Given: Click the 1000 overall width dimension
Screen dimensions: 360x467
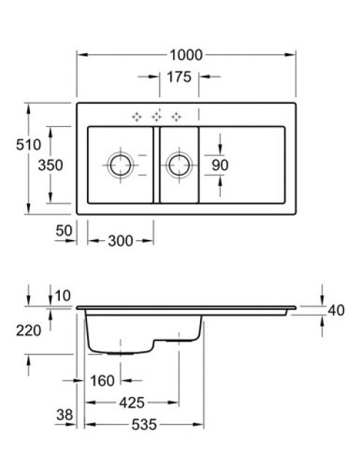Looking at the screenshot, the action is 186,55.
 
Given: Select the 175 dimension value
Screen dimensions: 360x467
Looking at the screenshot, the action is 179,77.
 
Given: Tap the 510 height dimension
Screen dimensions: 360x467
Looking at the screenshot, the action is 28,144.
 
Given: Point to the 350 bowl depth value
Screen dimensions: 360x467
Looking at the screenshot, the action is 50,165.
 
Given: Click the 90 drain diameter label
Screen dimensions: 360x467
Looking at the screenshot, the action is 220,165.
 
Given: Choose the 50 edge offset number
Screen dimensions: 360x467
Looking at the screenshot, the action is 64,231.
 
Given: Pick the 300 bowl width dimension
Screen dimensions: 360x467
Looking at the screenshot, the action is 120,241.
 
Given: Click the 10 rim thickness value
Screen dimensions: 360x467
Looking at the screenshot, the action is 63,296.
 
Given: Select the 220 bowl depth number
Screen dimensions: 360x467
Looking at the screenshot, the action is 28,331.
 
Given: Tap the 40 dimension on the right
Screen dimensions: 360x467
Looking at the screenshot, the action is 336,310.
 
